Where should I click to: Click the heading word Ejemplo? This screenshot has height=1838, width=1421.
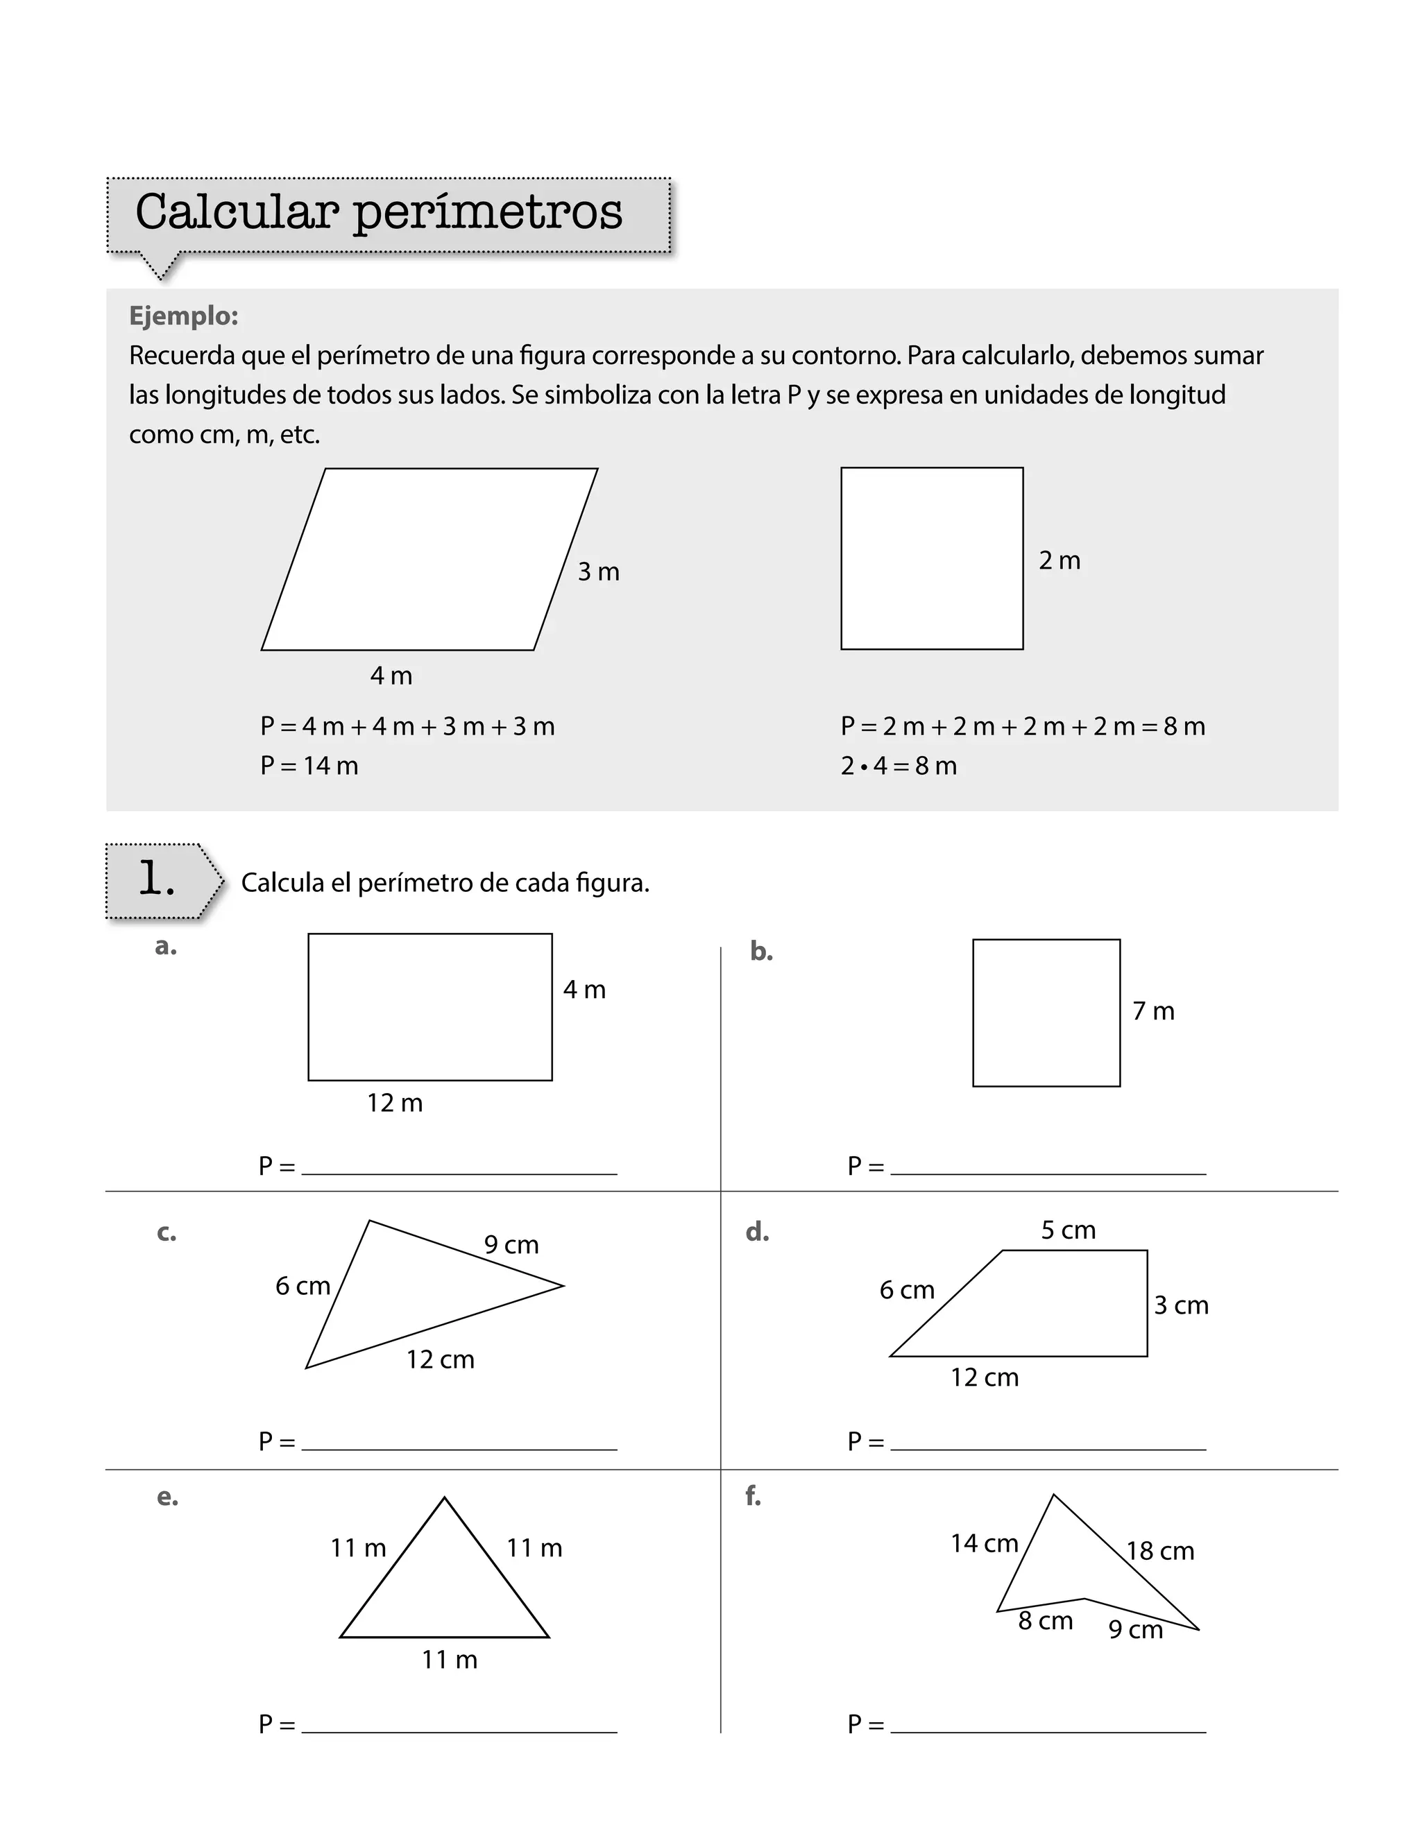coord(183,316)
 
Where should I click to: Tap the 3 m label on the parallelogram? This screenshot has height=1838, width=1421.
coord(599,572)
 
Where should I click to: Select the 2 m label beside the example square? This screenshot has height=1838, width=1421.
coord(1059,560)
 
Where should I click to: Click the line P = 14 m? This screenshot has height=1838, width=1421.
coord(309,766)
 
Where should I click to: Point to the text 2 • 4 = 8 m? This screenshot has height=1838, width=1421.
coord(899,766)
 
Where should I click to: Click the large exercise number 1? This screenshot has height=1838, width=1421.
coord(158,879)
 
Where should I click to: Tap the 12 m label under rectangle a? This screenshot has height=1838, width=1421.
coord(395,1103)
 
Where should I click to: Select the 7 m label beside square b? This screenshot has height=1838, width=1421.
coord(1153,1011)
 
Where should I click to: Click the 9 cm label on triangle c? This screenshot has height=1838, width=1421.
coord(511,1245)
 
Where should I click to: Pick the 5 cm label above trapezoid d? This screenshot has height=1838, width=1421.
coord(1069,1230)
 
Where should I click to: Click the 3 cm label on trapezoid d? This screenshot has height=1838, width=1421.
coord(1180,1305)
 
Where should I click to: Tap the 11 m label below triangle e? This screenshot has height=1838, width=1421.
coord(450,1660)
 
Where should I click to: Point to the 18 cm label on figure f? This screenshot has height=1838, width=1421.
coord(1160,1551)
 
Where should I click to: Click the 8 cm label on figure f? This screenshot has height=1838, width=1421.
coord(1045,1621)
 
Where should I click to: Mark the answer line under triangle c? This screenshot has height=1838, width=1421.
coord(459,1448)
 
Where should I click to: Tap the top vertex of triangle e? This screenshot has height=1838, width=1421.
coord(445,1499)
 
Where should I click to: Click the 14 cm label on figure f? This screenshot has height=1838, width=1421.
coord(984,1543)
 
